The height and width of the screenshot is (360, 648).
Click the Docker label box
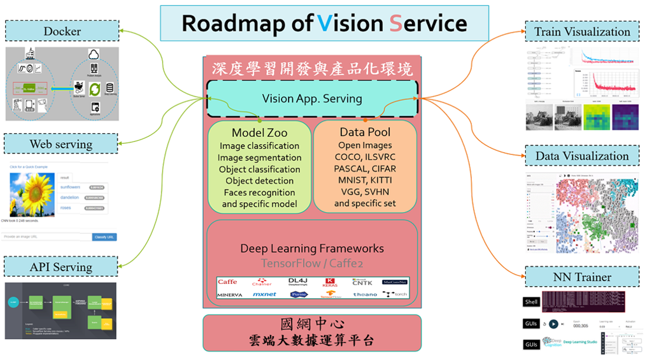[62, 31]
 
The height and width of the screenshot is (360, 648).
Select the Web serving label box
[61, 144]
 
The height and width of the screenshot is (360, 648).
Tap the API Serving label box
[61, 267]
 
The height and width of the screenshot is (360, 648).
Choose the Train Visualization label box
[582, 32]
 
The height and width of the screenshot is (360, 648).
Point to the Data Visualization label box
[582, 156]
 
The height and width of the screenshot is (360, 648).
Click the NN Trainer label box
[582, 277]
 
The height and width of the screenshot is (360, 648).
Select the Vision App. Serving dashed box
[312, 98]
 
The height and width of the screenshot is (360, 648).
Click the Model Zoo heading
[259, 133]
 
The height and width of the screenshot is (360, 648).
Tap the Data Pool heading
[365, 133]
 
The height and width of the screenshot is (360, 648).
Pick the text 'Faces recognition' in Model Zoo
[259, 193]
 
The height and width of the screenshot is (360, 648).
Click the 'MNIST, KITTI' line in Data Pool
[365, 180]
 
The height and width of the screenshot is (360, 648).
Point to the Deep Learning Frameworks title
[312, 249]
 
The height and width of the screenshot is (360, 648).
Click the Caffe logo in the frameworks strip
[227, 282]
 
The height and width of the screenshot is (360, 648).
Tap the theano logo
[365, 293]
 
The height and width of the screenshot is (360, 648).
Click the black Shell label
[531, 302]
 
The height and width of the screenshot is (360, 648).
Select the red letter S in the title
[395, 24]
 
